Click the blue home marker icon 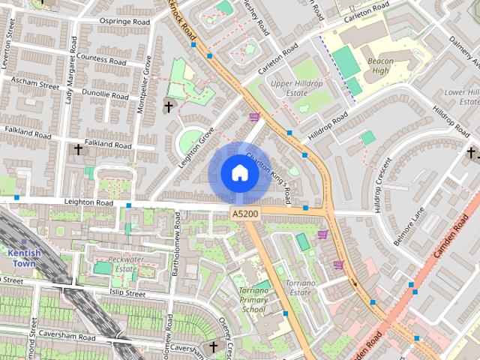pyautogui.click(x=239, y=172)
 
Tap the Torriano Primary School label pyautogui.click(x=253, y=299)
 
